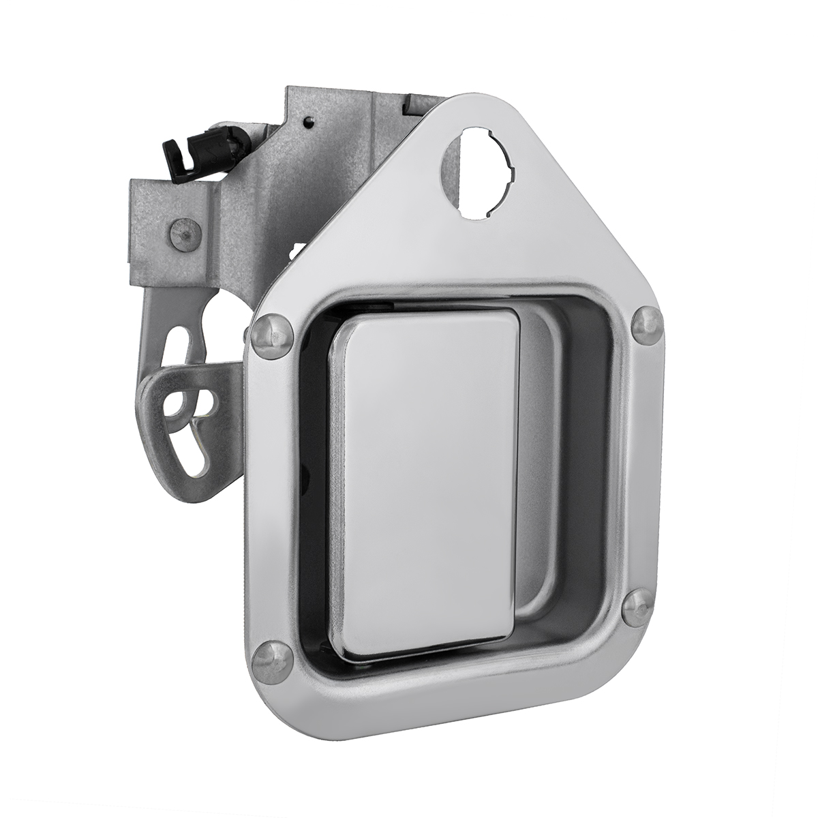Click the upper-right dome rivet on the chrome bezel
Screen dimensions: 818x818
(x=646, y=321)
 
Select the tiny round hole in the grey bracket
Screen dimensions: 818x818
(x=310, y=123)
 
